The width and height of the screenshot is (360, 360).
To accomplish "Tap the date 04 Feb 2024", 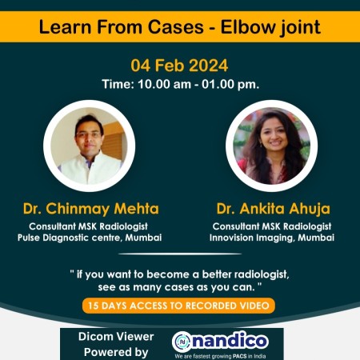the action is pos(179,66).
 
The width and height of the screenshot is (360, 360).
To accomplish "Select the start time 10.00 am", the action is pos(165,84).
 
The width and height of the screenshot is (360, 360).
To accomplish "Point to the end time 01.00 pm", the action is pos(230,84).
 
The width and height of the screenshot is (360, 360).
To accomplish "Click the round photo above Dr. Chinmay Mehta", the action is pos(90,146).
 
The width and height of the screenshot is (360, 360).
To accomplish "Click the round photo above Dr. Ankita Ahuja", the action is pos(271,146).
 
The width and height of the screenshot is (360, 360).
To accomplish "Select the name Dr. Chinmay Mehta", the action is pos(91,209).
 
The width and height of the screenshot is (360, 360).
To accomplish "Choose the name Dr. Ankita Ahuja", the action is pos(273,209).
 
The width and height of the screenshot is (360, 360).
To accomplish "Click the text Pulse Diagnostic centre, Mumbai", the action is pos(90,238).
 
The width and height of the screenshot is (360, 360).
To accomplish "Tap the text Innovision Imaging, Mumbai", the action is pos(272,238).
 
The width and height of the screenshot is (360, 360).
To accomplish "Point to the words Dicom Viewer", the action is pos(116,337).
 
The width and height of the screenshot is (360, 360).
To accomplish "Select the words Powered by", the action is pos(116,352).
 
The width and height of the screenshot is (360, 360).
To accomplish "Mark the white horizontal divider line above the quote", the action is pos(180,254).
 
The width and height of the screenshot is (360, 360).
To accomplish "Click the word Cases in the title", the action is pos(176,27).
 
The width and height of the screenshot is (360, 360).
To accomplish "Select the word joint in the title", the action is pos(300,27).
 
